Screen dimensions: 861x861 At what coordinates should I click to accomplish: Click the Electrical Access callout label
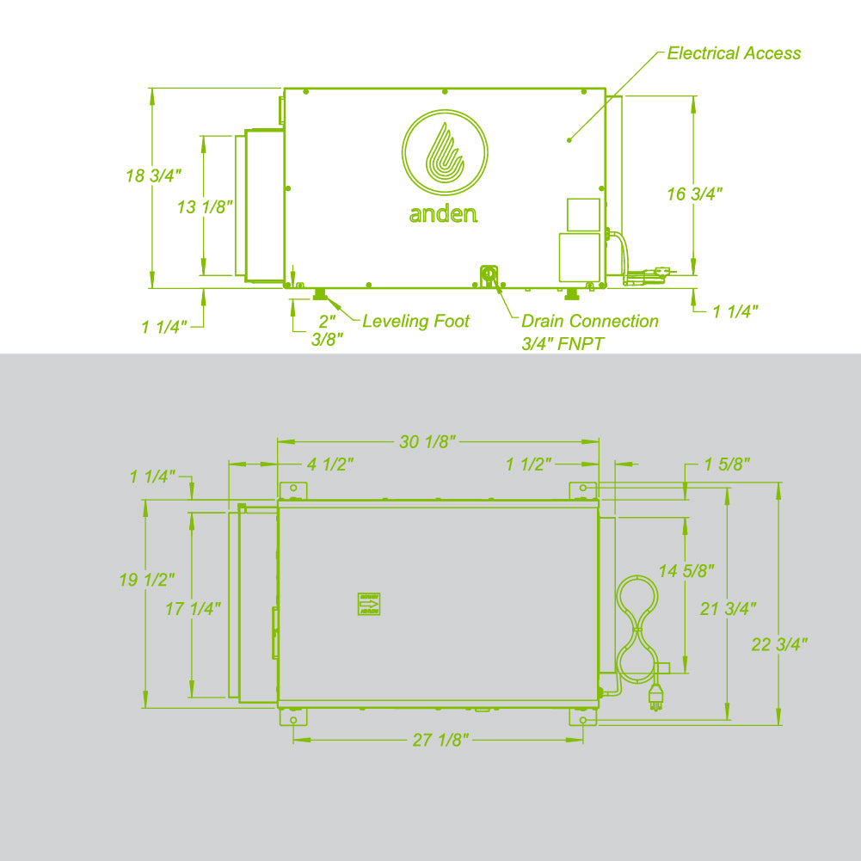[734, 53]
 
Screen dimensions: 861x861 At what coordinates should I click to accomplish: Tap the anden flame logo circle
[446, 152]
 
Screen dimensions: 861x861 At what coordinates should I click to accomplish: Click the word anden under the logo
[443, 213]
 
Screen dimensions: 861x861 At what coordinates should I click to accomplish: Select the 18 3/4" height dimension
[154, 175]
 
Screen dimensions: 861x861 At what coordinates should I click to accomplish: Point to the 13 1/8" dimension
[206, 206]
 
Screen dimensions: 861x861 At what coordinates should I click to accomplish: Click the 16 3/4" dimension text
[694, 194]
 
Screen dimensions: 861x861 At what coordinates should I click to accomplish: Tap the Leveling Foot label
[415, 322]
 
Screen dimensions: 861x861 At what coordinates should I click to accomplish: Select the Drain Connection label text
[590, 322]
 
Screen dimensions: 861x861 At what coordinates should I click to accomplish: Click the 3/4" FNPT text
[563, 344]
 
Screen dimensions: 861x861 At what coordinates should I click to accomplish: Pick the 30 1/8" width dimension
[427, 442]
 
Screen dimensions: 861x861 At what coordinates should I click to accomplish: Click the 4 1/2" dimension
[331, 464]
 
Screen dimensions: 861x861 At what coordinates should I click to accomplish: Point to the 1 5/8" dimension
[727, 464]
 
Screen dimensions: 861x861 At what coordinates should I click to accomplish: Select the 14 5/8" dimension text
[686, 570]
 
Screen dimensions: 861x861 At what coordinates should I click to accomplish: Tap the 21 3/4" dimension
[729, 609]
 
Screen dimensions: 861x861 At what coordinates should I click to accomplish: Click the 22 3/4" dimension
[779, 644]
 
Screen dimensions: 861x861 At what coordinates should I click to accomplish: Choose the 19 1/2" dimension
[147, 581]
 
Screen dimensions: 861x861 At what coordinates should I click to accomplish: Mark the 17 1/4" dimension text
[194, 609]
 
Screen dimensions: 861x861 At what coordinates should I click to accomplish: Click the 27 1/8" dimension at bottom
[440, 741]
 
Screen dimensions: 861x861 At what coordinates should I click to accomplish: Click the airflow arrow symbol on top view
[369, 605]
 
